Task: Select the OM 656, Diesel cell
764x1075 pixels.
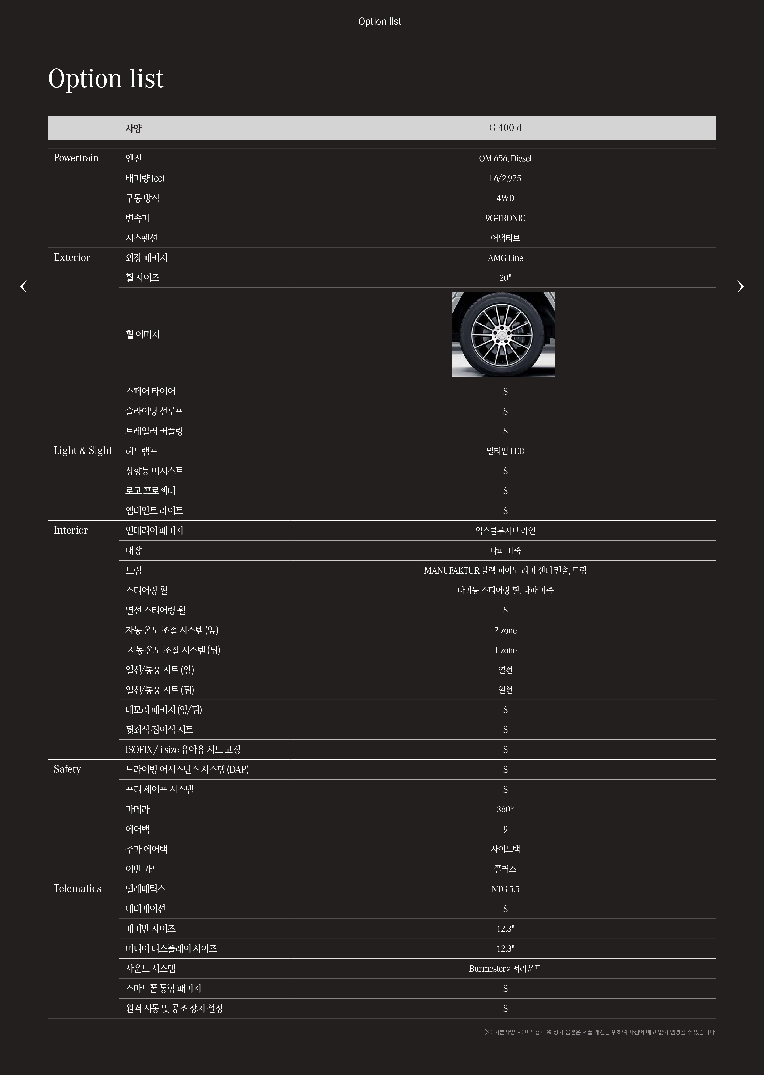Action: pos(505,159)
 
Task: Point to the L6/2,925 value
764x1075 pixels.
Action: pos(505,178)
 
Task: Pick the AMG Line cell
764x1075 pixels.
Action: pos(505,258)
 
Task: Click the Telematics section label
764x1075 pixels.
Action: pos(78,889)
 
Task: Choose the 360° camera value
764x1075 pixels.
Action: pos(505,810)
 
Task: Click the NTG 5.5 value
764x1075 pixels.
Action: pos(505,889)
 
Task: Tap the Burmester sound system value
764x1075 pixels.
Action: pos(505,969)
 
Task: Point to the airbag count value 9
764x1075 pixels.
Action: pos(505,829)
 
